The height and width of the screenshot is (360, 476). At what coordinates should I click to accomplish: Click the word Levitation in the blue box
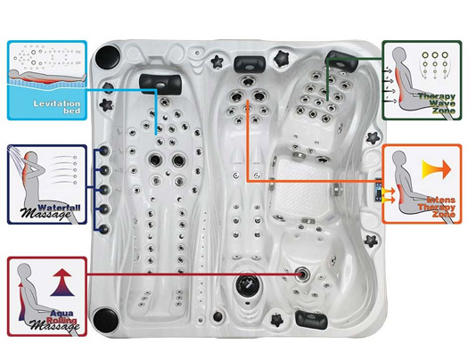[x=57, y=103]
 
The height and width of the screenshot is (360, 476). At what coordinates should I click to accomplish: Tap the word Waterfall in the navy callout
[x=60, y=208]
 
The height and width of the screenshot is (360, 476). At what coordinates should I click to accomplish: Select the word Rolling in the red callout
[x=62, y=320]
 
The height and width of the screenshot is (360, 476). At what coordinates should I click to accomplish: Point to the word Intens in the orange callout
[x=441, y=200]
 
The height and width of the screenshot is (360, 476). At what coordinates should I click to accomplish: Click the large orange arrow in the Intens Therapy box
[x=437, y=169]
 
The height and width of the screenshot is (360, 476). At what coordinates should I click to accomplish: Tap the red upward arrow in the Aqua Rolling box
[x=62, y=282]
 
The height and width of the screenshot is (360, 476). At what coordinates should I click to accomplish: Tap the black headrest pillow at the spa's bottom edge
[x=311, y=320]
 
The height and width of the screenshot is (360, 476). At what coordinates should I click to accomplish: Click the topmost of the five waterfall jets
[x=104, y=151]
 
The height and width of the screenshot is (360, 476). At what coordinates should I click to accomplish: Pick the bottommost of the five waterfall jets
[x=104, y=229]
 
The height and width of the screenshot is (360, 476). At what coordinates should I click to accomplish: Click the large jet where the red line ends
[x=303, y=274]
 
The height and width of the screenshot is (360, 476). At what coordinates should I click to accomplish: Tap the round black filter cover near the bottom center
[x=249, y=286]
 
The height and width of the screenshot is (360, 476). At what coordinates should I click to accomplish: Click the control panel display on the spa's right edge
[x=379, y=190]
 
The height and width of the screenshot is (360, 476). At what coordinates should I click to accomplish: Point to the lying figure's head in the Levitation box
[x=13, y=74]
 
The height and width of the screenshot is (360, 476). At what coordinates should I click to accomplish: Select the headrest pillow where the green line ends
[x=342, y=61]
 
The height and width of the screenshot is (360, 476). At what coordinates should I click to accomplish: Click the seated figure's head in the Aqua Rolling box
[x=24, y=271]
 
